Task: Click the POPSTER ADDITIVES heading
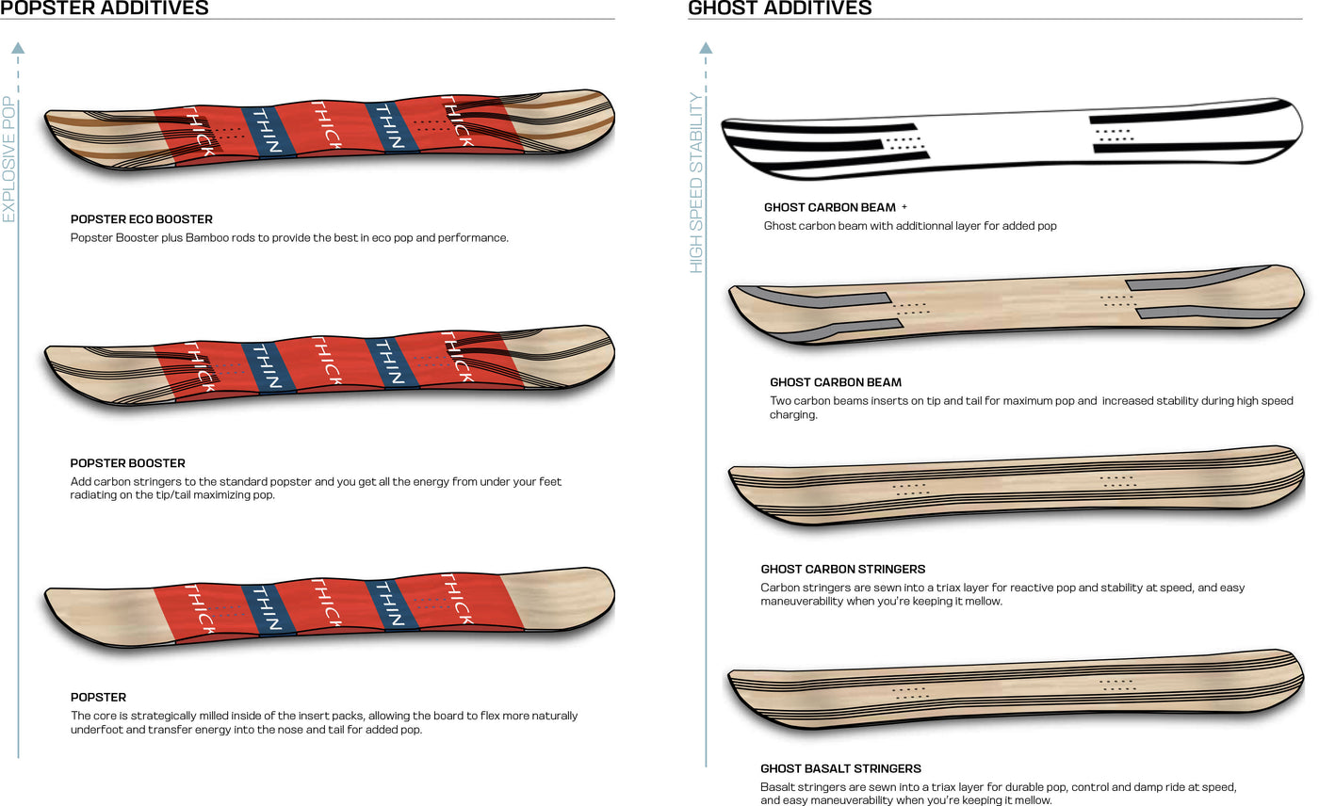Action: tap(105, 8)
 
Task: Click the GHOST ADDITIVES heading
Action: tap(780, 8)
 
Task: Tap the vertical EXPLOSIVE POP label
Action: tap(9, 159)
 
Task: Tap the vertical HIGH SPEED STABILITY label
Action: tap(697, 183)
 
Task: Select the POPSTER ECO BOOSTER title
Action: tap(141, 219)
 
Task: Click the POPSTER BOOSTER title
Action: tap(127, 463)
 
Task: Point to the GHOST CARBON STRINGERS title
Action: tap(842, 570)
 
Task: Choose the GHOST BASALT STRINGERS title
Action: tap(840, 769)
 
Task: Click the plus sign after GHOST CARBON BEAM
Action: tap(904, 206)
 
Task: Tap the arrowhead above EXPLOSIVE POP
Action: tap(18, 47)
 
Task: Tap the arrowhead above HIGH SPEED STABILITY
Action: tap(706, 47)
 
